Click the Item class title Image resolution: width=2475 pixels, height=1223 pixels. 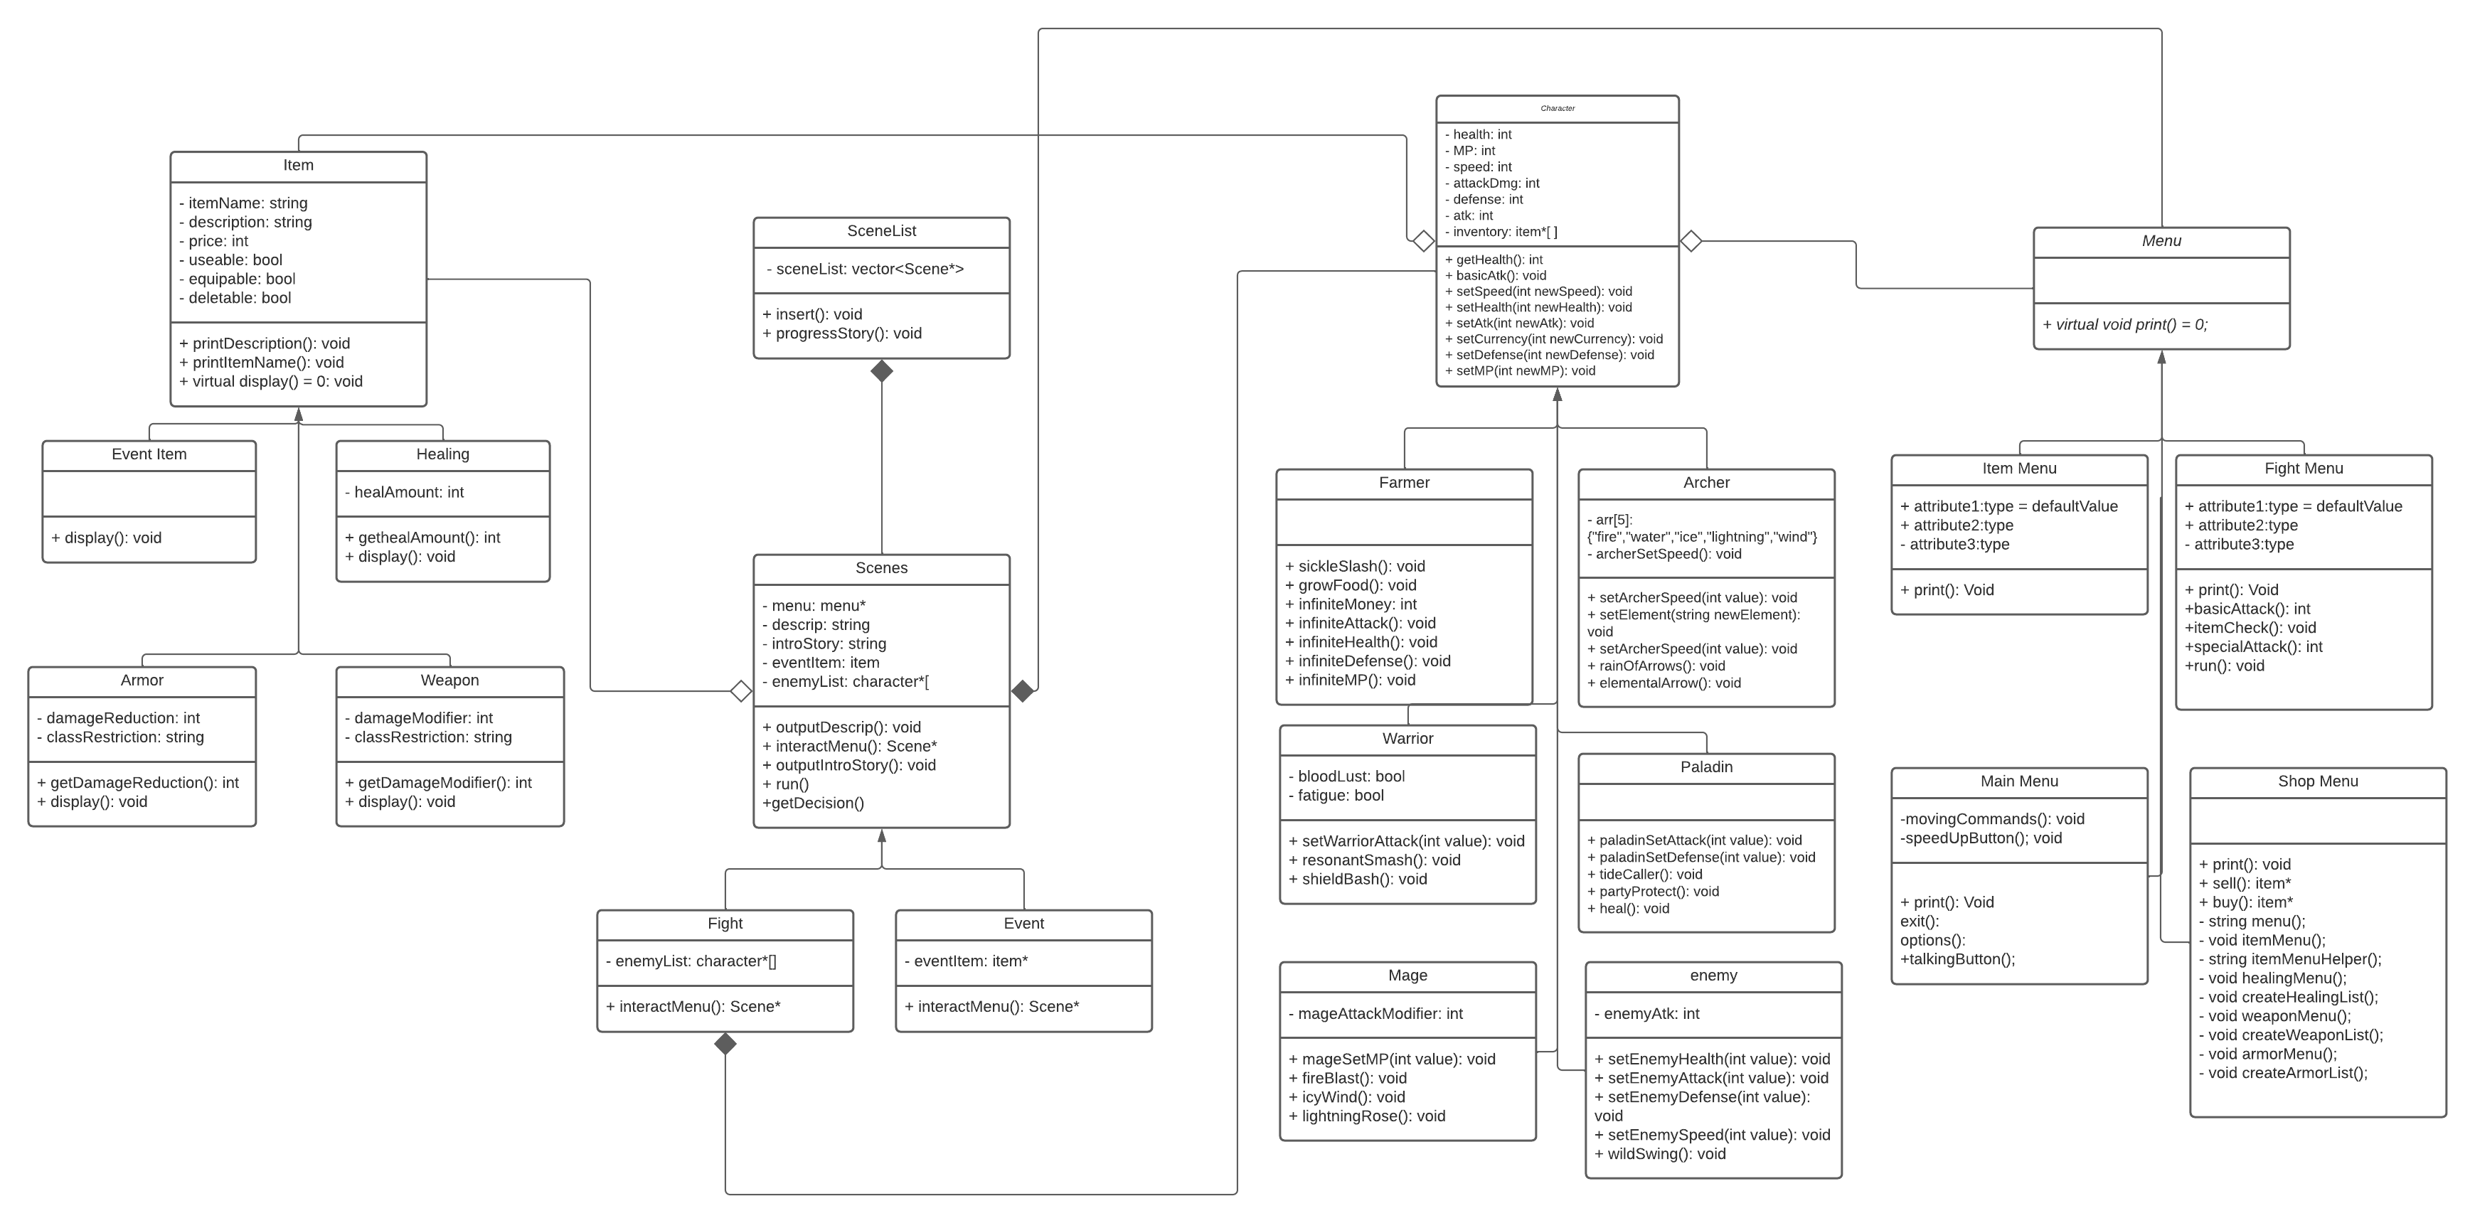(298, 165)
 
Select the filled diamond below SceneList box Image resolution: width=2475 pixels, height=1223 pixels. (881, 371)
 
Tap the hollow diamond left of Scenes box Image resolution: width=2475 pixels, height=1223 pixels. (741, 690)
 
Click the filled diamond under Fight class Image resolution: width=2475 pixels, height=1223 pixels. (725, 1043)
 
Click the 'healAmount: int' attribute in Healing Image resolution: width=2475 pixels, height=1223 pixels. (408, 492)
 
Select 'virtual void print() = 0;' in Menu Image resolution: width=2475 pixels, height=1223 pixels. (2125, 325)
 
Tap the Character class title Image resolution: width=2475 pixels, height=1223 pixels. (1557, 109)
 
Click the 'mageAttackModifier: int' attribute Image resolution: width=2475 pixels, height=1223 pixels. (1380, 1013)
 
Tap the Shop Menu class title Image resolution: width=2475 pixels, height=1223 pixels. (2316, 781)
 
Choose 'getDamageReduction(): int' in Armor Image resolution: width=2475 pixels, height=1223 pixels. (137, 782)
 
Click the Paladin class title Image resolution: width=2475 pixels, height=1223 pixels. (1706, 767)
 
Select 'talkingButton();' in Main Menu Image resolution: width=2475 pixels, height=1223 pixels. (1957, 958)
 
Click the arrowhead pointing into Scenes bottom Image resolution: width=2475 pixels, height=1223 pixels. (881, 835)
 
